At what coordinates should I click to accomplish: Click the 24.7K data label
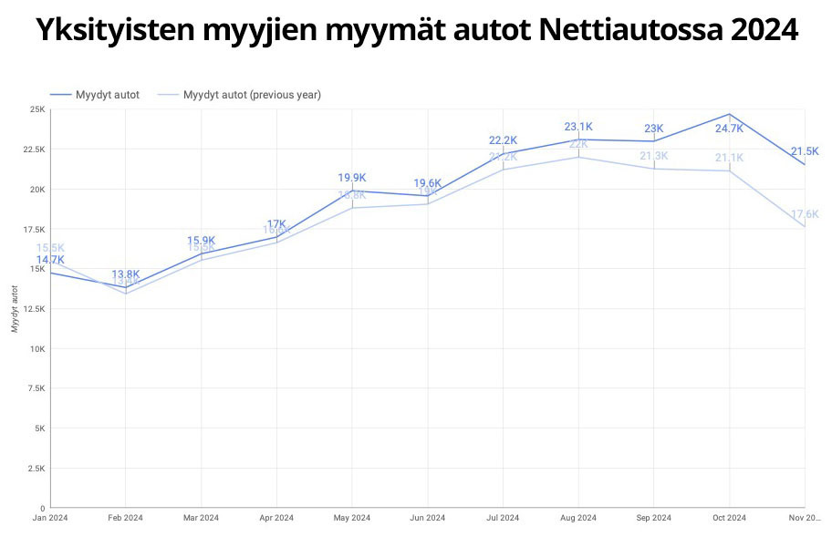(729, 129)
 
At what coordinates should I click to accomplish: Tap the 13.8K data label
(126, 274)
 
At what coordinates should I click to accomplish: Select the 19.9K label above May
(351, 178)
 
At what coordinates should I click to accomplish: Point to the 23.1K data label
(578, 127)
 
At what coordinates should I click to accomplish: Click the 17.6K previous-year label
(806, 214)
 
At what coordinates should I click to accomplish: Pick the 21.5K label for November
(805, 151)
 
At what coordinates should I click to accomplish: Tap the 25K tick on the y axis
(37, 109)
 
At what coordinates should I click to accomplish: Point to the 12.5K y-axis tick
(34, 309)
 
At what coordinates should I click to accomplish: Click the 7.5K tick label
(36, 388)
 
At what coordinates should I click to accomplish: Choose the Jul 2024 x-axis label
(503, 518)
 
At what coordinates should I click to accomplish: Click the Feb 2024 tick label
(126, 518)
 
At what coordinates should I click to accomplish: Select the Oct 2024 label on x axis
(729, 518)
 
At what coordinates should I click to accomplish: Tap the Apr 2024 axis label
(276, 518)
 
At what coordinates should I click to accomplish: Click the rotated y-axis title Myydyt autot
(15, 308)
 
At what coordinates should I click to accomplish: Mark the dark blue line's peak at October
(729, 114)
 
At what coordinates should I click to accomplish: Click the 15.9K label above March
(201, 241)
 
